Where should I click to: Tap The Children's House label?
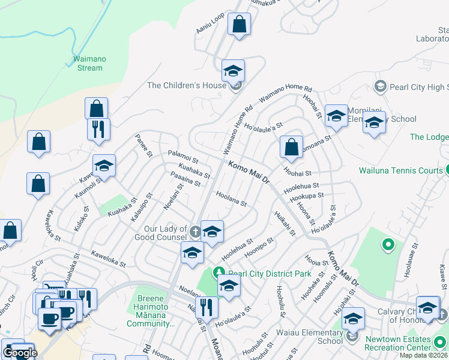187,85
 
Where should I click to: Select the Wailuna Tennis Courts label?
400,170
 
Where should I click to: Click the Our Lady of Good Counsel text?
165,233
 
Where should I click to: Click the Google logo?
20,353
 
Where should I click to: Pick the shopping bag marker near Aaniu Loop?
239,25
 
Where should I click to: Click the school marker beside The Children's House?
232,71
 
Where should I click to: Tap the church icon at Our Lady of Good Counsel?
194,232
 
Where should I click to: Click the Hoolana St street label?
231,200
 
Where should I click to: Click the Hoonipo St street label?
259,245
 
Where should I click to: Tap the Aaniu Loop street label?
210,23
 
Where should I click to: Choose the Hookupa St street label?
307,196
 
